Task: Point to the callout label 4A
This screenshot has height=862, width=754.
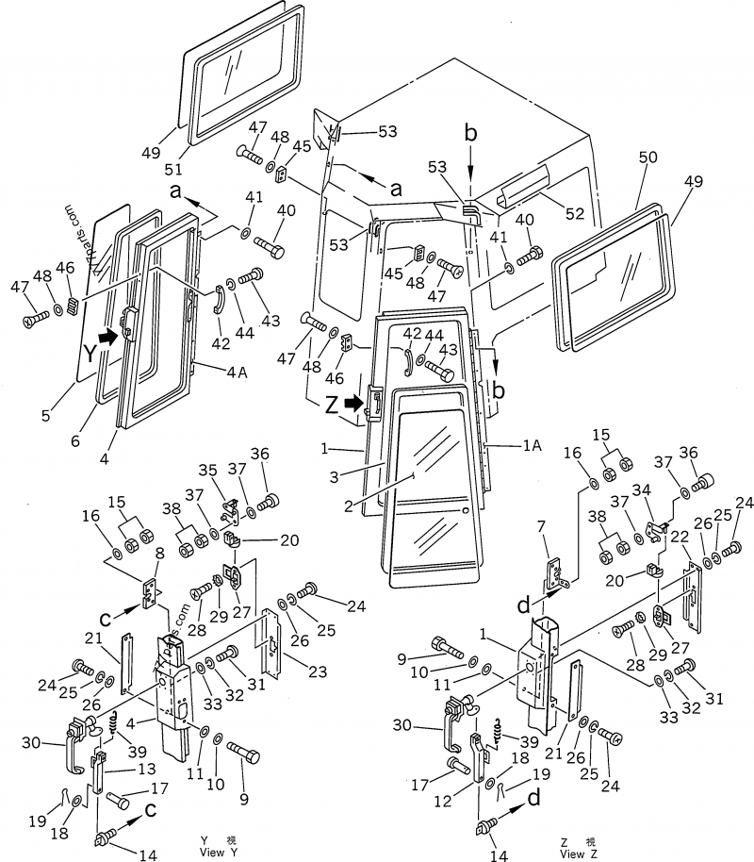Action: click(237, 372)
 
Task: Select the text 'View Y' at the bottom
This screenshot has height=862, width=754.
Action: click(212, 846)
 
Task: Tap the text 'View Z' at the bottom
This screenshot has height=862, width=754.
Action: click(578, 849)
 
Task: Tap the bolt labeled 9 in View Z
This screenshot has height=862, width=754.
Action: click(448, 649)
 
